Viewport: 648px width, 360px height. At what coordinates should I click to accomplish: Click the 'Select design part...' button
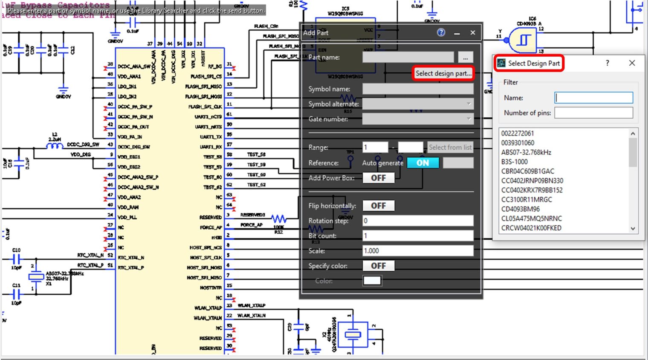pyautogui.click(x=443, y=73)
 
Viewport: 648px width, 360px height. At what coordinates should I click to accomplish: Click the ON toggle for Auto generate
pyautogui.click(x=422, y=163)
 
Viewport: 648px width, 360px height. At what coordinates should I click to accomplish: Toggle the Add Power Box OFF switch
pyautogui.click(x=378, y=178)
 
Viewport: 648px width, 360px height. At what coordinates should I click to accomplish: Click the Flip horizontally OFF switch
pyautogui.click(x=378, y=206)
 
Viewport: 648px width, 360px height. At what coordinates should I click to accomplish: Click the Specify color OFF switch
pyautogui.click(x=378, y=266)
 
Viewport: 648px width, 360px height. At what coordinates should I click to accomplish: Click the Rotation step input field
pyautogui.click(x=417, y=221)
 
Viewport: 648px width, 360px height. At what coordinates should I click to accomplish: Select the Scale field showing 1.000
pyautogui.click(x=417, y=251)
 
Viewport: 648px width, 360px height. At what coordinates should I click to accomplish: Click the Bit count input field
pyautogui.click(x=417, y=235)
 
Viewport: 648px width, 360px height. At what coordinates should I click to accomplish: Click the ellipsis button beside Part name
pyautogui.click(x=466, y=58)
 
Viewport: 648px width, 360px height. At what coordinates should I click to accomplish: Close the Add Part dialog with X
pyautogui.click(x=473, y=33)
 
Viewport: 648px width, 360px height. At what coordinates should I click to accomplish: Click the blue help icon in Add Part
pyautogui.click(x=441, y=32)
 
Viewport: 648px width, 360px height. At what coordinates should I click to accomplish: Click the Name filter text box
pyautogui.click(x=593, y=98)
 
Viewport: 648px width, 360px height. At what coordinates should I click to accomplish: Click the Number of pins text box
pyautogui.click(x=593, y=113)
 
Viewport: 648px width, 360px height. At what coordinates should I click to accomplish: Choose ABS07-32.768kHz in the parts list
pyautogui.click(x=526, y=152)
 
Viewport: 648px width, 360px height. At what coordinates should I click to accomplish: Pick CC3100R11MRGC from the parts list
pyautogui.click(x=526, y=200)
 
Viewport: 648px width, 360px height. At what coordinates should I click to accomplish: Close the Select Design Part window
pyautogui.click(x=632, y=63)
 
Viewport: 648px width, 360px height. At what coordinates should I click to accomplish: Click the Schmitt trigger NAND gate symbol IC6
pyautogui.click(x=523, y=40)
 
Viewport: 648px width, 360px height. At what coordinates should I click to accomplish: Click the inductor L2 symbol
pyautogui.click(x=55, y=146)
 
